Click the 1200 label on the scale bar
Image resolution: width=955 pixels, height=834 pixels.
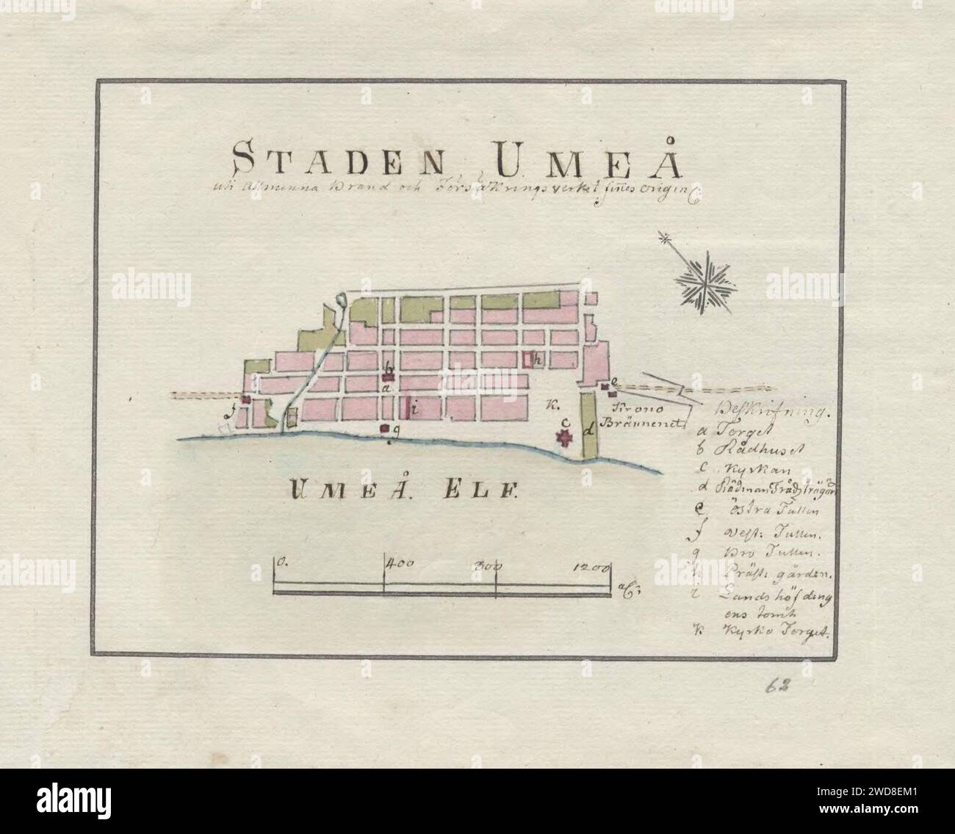(x=591, y=566)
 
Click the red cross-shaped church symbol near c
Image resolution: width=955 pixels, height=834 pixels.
(x=565, y=438)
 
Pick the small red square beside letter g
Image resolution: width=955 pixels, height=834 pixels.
(x=383, y=428)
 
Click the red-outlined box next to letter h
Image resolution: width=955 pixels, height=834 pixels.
(x=528, y=359)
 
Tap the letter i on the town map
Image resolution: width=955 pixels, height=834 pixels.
(x=414, y=411)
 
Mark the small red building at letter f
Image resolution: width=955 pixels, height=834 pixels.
(x=248, y=399)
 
